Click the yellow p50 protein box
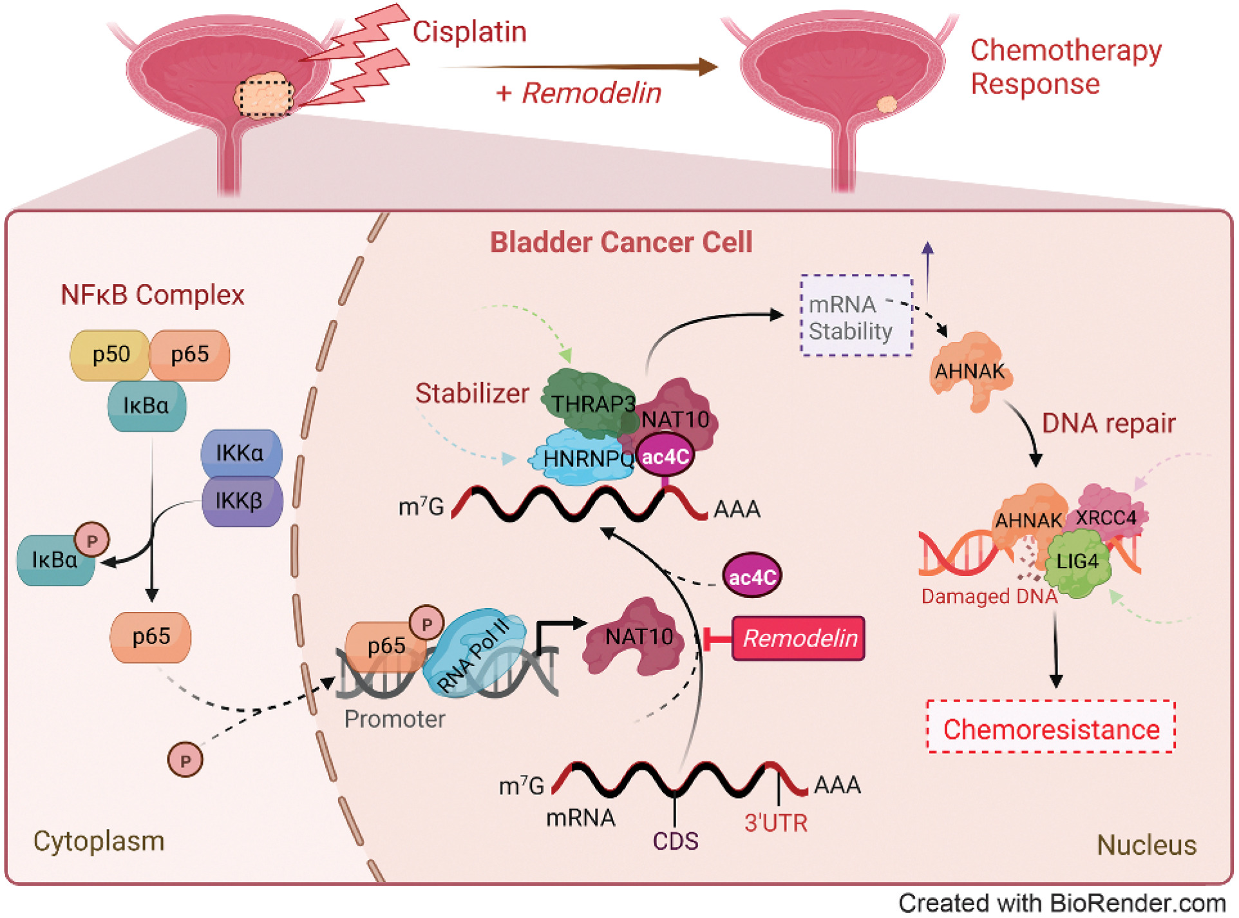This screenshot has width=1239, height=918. point(110,355)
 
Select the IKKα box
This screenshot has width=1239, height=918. point(241,453)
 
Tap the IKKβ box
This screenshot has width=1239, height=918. point(241,501)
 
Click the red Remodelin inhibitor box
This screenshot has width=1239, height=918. point(799,638)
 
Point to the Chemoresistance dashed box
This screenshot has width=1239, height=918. point(1051,729)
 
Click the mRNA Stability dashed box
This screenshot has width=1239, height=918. point(856,316)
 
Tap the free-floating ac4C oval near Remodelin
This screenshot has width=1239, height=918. point(752,576)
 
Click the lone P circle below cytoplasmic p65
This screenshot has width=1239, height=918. point(185,761)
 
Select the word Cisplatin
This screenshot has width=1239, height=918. point(469,32)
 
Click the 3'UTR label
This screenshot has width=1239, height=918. point(775,823)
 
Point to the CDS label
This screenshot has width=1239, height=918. point(675,841)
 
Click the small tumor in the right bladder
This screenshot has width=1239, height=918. point(887,104)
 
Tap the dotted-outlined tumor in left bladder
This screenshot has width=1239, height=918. point(264,96)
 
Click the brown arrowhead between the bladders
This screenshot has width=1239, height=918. point(708,66)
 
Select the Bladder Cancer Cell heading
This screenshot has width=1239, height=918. point(621,243)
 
